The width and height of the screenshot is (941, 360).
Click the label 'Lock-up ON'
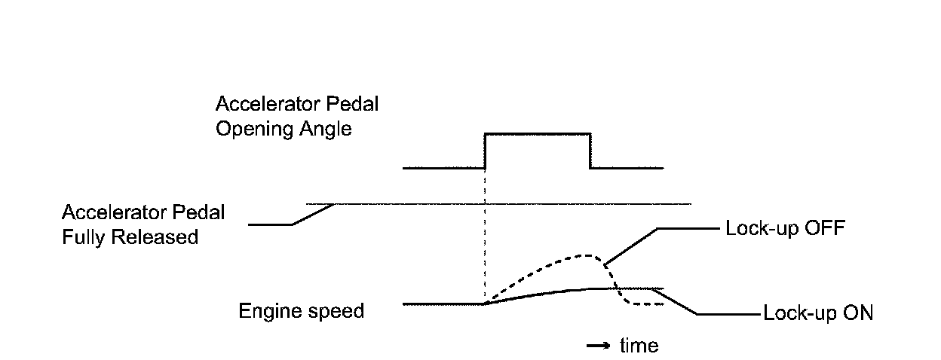pos(818,313)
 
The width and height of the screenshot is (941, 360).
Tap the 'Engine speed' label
pos(302,310)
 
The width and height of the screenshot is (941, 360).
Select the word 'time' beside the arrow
pos(639,346)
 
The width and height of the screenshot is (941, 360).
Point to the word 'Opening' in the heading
pos(248,129)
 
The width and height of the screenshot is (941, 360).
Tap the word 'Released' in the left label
pos(155,236)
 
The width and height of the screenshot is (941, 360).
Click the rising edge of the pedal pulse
pos(485,151)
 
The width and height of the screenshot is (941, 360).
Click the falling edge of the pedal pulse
pos(590,151)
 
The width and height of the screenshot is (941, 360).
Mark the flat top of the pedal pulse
pos(537,133)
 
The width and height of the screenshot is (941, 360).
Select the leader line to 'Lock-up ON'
pos(679,303)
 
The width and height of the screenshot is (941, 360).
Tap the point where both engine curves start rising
pos(485,304)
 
